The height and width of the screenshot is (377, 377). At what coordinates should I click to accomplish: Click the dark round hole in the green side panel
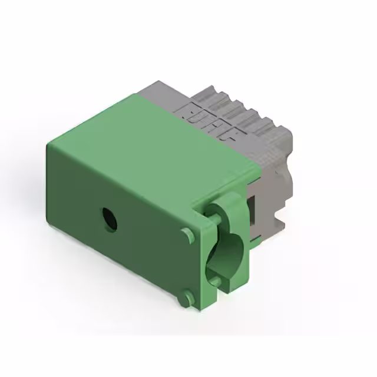(109, 219)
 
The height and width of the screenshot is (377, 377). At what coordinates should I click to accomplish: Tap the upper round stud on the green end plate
(188, 235)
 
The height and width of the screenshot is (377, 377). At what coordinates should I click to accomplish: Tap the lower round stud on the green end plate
(188, 297)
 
